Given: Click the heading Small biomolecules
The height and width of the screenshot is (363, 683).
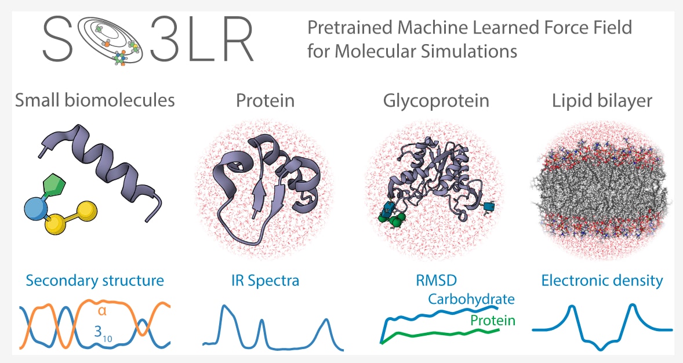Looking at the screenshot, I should point(95,100).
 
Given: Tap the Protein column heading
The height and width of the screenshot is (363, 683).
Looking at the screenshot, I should point(265,100).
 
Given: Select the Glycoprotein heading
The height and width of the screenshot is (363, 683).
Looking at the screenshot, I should point(436,101).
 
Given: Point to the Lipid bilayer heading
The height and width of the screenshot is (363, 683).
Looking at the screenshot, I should point(602,100).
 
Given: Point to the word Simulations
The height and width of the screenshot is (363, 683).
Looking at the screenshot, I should point(464,51).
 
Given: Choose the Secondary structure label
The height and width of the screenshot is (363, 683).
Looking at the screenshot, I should point(95,281).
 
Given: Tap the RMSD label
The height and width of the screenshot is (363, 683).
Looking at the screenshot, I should point(436,281).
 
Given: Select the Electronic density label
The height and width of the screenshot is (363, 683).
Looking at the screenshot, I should point(602,281).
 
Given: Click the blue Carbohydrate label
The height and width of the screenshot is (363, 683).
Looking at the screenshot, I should point(471,299).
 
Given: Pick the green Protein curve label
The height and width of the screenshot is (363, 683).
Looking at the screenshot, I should point(493,321).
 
